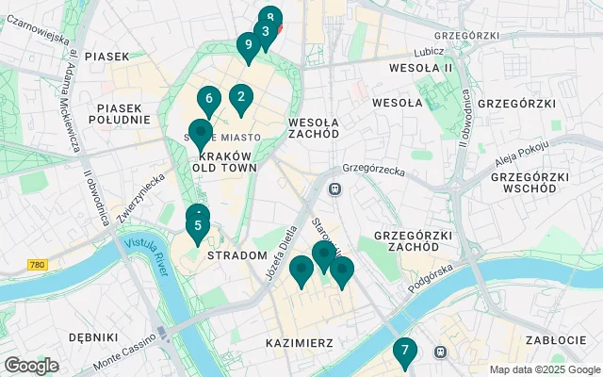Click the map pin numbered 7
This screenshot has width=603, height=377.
pos(404,352)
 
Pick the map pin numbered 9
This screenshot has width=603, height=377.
pos(248,45)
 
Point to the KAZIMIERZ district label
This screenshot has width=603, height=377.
pos(299,342)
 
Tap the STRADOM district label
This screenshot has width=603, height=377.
pos(236,255)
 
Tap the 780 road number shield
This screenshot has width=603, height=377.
pos(37,266)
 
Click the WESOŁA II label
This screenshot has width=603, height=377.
pos(422,68)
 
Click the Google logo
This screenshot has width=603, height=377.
pos(31,366)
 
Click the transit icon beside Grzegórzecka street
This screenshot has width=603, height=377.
pos(334,188)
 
